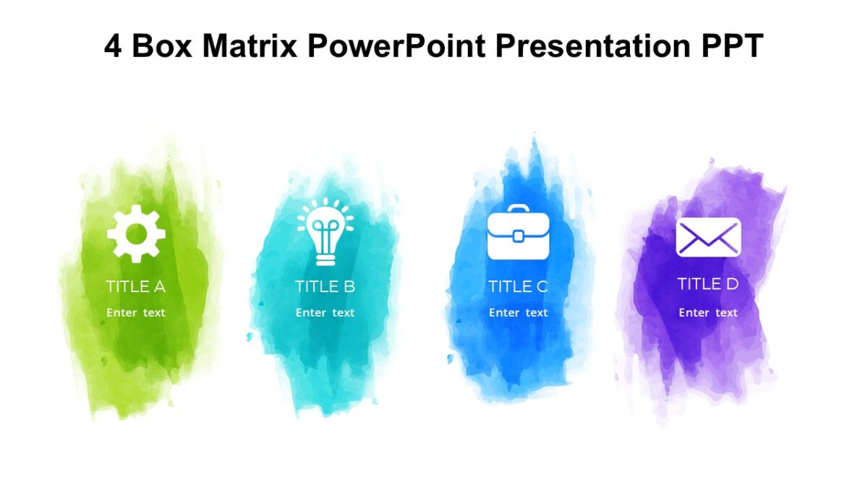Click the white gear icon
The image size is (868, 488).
[136, 233]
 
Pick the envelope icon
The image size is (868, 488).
[708, 237]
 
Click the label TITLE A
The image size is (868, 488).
[136, 286]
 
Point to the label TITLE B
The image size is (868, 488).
[325, 286]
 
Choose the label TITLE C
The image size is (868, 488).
[518, 286]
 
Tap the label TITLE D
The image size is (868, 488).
[708, 283]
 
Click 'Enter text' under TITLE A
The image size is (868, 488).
[136, 313]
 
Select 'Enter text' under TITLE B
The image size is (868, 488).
[325, 313]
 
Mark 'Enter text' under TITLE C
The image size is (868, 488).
[518, 313]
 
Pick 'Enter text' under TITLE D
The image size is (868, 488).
[708, 313]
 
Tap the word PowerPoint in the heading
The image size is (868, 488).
[396, 47]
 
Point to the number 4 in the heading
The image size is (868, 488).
[113, 47]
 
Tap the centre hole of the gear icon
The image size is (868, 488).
[136, 233]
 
